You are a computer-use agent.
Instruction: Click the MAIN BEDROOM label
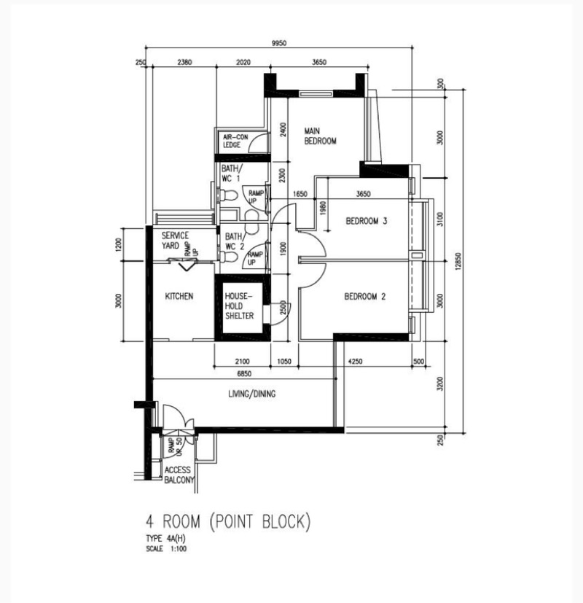(x=320, y=136)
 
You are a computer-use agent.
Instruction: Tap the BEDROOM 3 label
(x=367, y=221)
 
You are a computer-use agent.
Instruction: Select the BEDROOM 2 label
(x=364, y=296)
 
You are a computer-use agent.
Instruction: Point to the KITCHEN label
(x=179, y=296)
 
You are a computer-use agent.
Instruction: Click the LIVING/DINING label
(x=251, y=394)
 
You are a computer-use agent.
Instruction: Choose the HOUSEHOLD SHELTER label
(x=239, y=306)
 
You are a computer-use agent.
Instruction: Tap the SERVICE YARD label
(x=175, y=241)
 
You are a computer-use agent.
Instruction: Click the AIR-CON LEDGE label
(x=235, y=141)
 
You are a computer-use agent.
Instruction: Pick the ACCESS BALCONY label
(x=179, y=475)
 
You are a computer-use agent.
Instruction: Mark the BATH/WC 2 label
(x=235, y=241)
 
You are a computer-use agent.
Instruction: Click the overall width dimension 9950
(x=279, y=43)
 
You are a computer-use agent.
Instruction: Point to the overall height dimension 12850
(x=458, y=262)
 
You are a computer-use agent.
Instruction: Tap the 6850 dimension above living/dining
(x=244, y=373)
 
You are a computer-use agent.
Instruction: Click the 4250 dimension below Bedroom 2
(x=355, y=361)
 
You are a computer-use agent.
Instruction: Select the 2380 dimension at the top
(x=184, y=62)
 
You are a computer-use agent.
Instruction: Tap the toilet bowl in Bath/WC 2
(x=228, y=257)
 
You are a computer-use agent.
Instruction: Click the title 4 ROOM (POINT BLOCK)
(x=228, y=521)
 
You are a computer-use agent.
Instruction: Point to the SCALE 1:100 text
(x=166, y=549)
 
